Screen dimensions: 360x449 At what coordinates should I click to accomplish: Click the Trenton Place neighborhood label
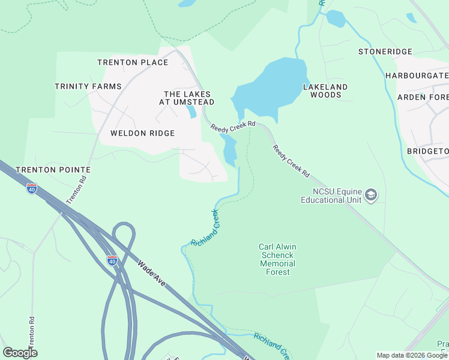pyautogui.click(x=133, y=62)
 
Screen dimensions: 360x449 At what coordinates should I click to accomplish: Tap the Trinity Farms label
pyautogui.click(x=88, y=86)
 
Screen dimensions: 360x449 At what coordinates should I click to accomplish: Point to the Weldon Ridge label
pyautogui.click(x=142, y=133)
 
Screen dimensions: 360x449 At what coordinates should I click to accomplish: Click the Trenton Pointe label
pyautogui.click(x=53, y=170)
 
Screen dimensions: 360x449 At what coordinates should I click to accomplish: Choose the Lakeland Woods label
pyautogui.click(x=325, y=91)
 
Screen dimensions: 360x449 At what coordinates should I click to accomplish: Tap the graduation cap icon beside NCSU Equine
pyautogui.click(x=371, y=195)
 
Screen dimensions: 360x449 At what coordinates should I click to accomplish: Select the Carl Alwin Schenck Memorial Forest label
pyautogui.click(x=277, y=259)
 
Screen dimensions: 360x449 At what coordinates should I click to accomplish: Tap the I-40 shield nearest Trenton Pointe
pyautogui.click(x=32, y=189)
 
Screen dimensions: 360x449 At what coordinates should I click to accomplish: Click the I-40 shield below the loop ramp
pyautogui.click(x=112, y=260)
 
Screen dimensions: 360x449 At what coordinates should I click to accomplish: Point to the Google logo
pyautogui.click(x=20, y=353)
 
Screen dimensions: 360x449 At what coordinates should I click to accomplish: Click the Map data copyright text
pyautogui.click(x=412, y=355)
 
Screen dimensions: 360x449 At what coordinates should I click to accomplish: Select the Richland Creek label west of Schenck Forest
pyautogui.click(x=205, y=228)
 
